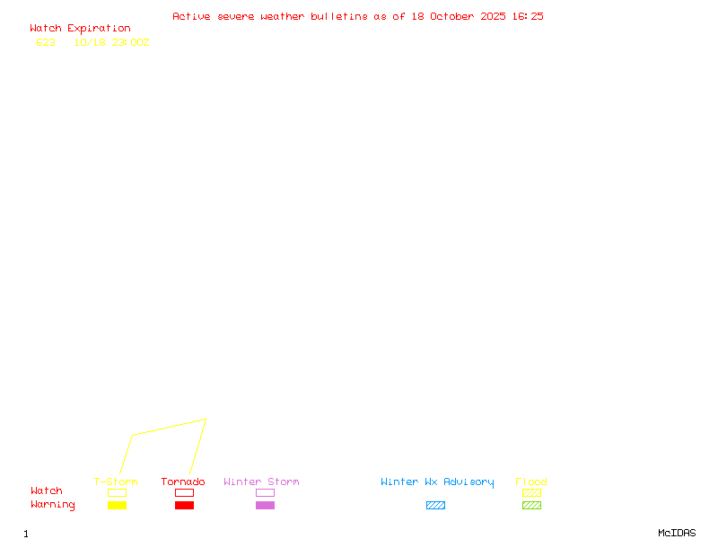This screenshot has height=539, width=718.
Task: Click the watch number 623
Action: [46, 42]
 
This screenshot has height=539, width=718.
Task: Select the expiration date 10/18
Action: [90, 42]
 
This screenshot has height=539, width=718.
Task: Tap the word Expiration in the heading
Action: [99, 29]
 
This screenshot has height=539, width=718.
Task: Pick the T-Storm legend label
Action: [116, 482]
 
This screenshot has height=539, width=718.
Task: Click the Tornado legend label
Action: [183, 482]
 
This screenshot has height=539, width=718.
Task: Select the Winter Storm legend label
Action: [261, 482]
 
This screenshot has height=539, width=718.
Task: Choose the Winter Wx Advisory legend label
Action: [437, 482]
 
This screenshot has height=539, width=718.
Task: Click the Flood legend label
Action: [531, 482]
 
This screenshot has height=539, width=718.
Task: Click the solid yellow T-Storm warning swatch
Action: [117, 506]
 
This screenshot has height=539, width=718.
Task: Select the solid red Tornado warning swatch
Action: [184, 506]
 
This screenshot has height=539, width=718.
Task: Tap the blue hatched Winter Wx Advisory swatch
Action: [435, 506]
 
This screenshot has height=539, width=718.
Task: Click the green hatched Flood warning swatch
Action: [531, 506]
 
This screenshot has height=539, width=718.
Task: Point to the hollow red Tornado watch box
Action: [184, 493]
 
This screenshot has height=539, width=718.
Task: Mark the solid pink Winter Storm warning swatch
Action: [265, 506]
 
